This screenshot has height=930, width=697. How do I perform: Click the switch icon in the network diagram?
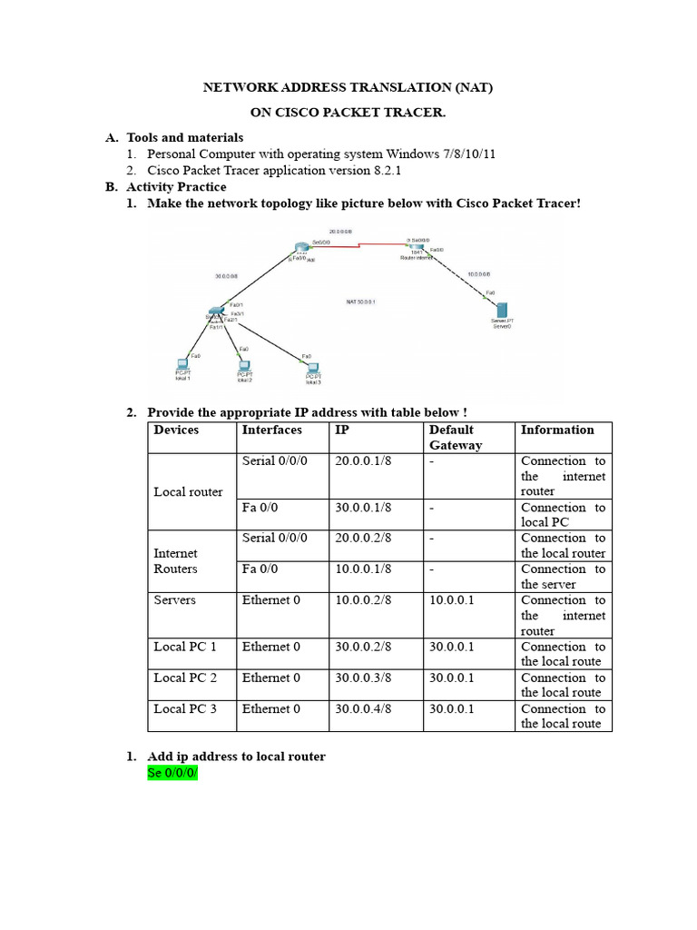[215, 312]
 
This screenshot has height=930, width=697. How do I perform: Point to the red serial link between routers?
[358, 244]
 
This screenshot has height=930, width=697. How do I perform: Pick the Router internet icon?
[416, 247]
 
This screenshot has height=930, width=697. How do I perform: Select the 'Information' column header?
[557, 430]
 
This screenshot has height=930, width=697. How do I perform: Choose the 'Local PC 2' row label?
[185, 678]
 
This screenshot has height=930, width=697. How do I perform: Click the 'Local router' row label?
[188, 491]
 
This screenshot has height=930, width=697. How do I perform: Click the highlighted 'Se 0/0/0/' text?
[172, 773]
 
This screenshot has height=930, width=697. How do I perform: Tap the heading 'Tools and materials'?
[185, 138]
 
